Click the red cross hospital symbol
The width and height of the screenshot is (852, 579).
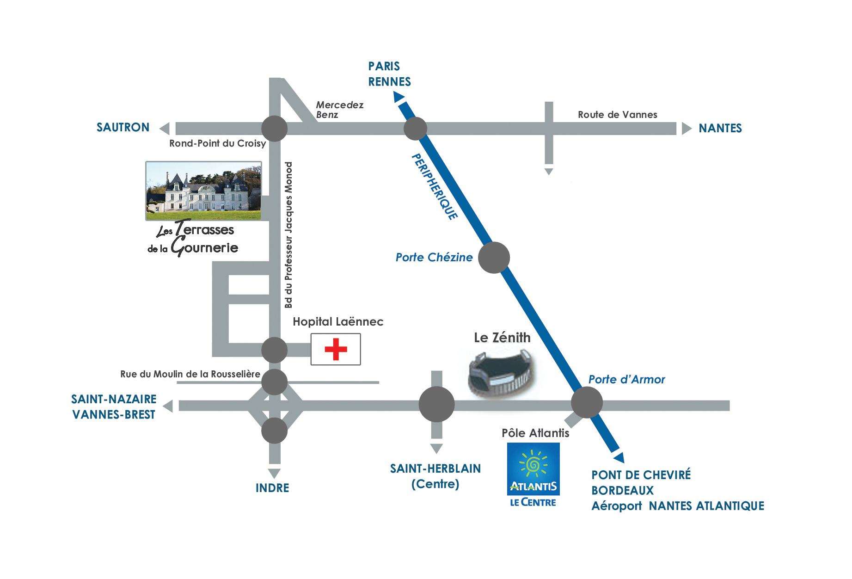click(x=336, y=349)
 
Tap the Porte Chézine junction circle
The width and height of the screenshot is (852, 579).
click(x=494, y=258)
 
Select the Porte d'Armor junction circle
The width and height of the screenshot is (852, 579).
click(x=587, y=402)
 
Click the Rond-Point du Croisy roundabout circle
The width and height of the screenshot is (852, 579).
click(x=275, y=129)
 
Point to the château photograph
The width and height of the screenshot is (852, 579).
click(x=203, y=191)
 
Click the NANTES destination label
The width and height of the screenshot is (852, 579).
click(x=720, y=129)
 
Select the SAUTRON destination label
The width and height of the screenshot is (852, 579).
click(x=123, y=128)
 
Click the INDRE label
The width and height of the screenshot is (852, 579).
click(x=272, y=488)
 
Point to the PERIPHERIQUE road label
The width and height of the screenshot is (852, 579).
click(x=434, y=186)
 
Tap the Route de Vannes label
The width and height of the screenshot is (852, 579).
click(x=617, y=115)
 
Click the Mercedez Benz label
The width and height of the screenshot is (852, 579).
click(x=339, y=110)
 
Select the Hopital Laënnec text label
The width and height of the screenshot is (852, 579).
click(x=338, y=322)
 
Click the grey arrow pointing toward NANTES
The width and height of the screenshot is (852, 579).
click(x=686, y=129)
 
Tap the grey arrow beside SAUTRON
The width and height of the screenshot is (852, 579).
click(x=165, y=129)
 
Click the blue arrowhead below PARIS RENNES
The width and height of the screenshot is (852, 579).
click(x=398, y=97)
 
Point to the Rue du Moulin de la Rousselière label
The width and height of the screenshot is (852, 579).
click(x=190, y=374)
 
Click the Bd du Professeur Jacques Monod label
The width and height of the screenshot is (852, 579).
click(x=288, y=235)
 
